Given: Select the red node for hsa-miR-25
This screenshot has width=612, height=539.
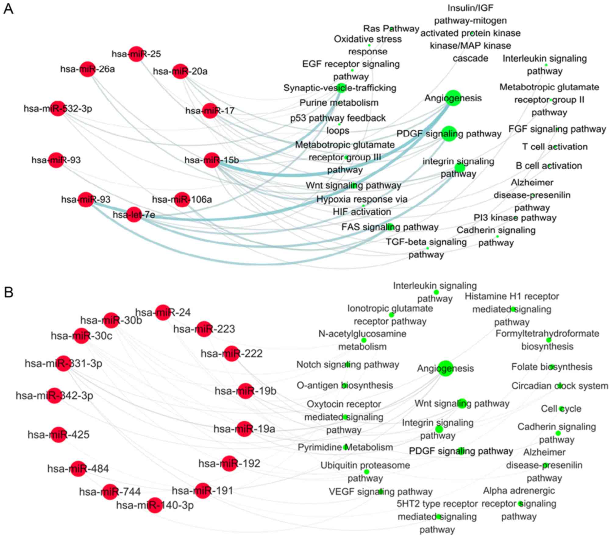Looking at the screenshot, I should point(136,54).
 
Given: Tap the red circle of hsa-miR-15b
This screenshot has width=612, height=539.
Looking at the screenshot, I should point(212,160).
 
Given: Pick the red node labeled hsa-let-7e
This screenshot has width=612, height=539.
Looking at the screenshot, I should point(134,215).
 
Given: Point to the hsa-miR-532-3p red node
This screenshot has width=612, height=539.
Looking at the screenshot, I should point(58,108).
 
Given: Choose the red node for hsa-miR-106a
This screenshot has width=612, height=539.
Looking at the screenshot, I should point(182,200).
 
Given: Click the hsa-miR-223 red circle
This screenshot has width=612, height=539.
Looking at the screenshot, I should point(204,329).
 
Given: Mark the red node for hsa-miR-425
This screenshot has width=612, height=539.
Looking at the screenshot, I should point(59,434).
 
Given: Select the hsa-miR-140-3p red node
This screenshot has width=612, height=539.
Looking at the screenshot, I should point(155,505).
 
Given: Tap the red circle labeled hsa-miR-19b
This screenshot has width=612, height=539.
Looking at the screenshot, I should point(245,391).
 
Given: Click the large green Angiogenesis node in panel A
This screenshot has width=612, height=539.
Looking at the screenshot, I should point(453,98).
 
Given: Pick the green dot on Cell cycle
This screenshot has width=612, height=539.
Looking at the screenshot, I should point(562,409).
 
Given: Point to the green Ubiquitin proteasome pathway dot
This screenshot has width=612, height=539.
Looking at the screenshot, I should point(367,472).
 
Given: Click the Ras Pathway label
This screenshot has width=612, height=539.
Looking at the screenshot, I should point(391,29).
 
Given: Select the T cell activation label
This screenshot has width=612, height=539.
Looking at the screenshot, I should point(555,147).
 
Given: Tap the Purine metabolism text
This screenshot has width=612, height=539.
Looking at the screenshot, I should point(339,103).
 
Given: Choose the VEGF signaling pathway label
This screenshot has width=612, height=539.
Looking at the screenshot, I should point(380,492).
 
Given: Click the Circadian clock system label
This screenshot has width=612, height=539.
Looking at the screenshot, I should point(560,386).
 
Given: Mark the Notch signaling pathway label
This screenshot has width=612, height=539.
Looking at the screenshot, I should point(347,365).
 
